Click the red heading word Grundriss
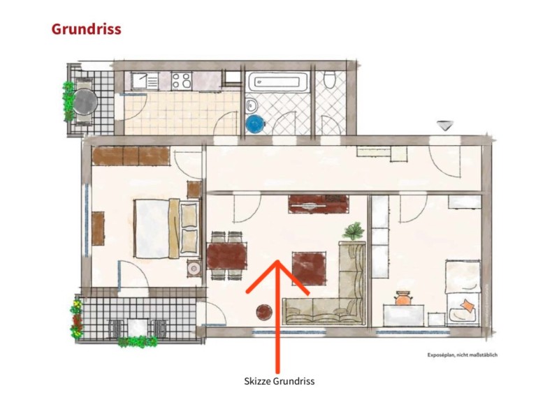tap(86, 29)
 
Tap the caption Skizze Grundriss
tap(279, 381)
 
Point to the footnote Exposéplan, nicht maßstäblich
tap(463, 355)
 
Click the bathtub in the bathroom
tap(278, 82)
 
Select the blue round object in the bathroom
tap(256, 124)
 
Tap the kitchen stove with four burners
tap(182, 80)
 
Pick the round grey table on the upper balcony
tap(85, 101)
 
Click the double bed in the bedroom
tap(166, 228)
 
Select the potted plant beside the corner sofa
tap(354, 231)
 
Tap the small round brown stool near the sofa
tap(264, 312)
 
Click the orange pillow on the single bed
tap(467, 306)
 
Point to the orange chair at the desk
tap(402, 299)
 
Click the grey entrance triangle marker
tap(445, 126)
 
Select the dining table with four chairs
tap(226, 255)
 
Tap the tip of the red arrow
tap(277, 260)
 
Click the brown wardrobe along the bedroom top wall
tap(131, 156)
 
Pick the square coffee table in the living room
tap(309, 269)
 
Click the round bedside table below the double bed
tap(194, 268)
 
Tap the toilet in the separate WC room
tap(331, 79)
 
